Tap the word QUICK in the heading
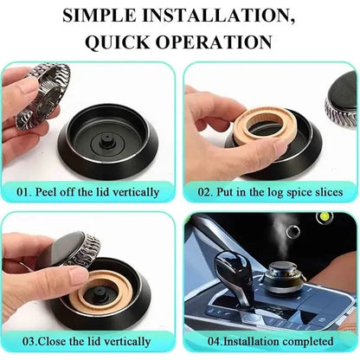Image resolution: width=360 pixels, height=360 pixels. point(118,42)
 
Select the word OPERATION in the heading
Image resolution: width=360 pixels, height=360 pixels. point(214,42)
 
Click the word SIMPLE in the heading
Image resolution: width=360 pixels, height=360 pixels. point(100,15)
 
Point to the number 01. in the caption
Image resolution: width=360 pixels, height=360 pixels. point(24,192)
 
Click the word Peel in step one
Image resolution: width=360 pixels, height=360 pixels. point(45,192)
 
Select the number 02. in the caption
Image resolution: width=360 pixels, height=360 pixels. point(205,192)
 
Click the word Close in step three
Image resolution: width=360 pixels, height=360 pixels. point(53,341)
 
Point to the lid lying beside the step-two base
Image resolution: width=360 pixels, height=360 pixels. point(341,101)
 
